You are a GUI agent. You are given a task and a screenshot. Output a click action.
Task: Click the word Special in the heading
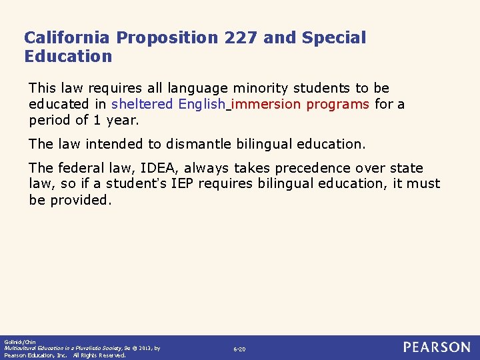point(334,38)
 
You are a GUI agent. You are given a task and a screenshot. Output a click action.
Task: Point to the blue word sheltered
point(142,104)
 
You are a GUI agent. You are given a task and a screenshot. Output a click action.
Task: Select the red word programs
point(338,104)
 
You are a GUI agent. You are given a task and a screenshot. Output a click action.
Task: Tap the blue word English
point(202,104)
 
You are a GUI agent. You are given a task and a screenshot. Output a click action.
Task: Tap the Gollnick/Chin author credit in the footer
point(19,341)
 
